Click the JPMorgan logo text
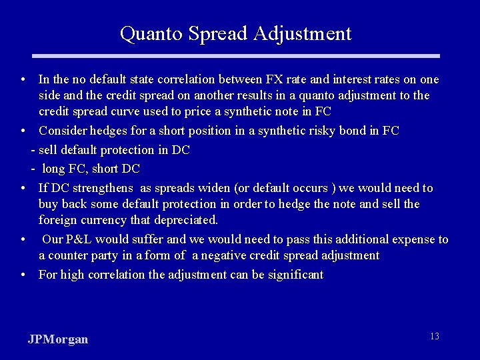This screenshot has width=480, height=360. (x=58, y=339)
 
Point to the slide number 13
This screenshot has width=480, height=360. (x=434, y=336)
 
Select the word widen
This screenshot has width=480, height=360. (x=205, y=188)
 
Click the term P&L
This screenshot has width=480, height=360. (x=80, y=239)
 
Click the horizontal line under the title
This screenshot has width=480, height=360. (x=239, y=56)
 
